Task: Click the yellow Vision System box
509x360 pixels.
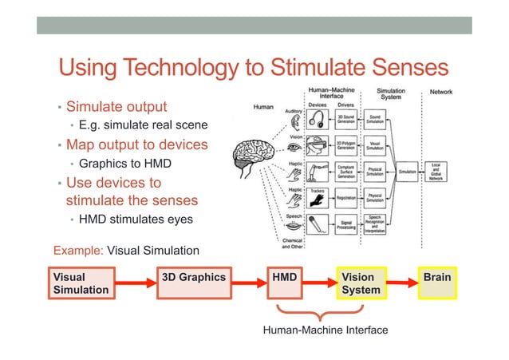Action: [x=361, y=283]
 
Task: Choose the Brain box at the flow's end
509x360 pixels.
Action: [x=436, y=283]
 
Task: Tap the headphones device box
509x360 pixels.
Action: [x=320, y=119]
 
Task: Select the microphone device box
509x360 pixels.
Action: [x=320, y=224]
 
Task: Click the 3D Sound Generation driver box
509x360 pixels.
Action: [x=348, y=119]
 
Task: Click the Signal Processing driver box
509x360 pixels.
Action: [x=348, y=224]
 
